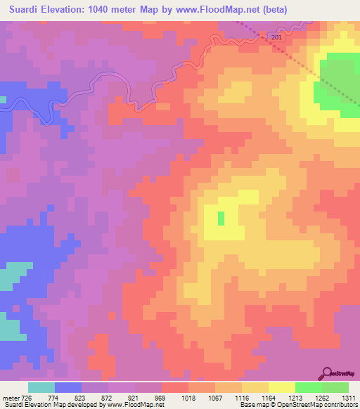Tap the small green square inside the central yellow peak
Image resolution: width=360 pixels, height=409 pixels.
[x=221, y=219]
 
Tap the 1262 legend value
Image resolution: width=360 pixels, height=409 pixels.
[x=323, y=397]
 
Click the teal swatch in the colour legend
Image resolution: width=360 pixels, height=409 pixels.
[x=41, y=387]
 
